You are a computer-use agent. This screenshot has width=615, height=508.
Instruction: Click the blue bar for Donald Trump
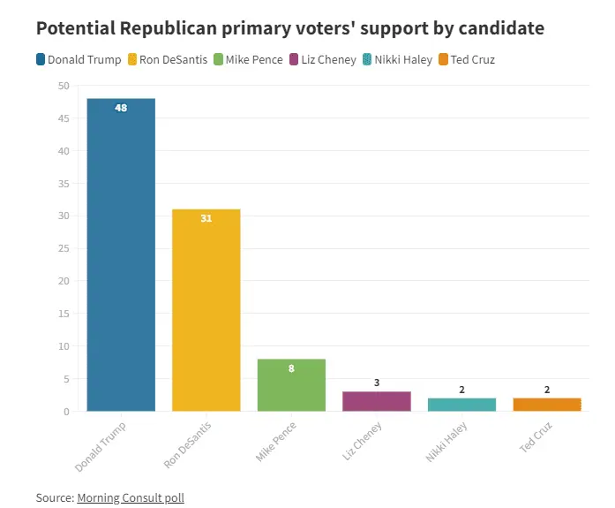click(x=121, y=256)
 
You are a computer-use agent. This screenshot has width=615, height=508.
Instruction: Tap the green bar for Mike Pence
click(x=291, y=385)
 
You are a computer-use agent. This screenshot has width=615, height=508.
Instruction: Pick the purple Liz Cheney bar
click(x=377, y=401)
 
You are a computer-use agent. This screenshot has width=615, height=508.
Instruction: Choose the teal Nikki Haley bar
click(x=462, y=405)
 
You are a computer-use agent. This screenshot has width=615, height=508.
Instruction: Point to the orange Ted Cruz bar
click(x=547, y=405)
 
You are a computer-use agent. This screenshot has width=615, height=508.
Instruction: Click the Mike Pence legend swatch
click(x=218, y=60)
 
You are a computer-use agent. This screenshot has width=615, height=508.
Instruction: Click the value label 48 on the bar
click(x=121, y=108)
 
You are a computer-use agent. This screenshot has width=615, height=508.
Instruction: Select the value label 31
click(x=206, y=218)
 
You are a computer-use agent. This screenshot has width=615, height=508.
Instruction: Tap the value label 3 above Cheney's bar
click(x=377, y=383)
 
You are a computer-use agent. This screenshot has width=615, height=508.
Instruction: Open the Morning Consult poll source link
click(x=131, y=497)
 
